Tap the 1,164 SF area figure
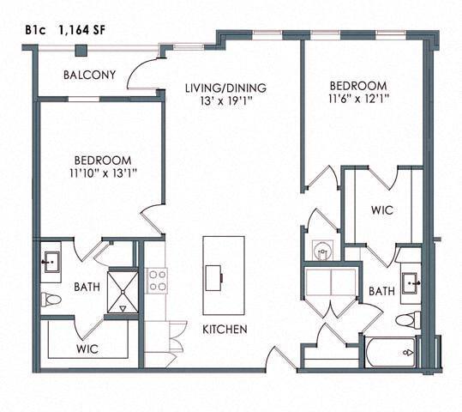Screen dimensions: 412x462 click(84, 27)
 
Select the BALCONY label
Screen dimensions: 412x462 click(88, 76)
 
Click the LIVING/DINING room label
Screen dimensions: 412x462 click(227, 88)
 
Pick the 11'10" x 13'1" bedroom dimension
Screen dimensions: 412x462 click(102, 173)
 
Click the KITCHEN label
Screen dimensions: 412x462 click(225, 330)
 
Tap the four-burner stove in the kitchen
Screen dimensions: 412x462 click(158, 280)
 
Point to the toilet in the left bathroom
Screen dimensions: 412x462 click(49, 300)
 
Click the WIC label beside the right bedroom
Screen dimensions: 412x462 click(382, 210)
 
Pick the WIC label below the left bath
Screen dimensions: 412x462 click(87, 349)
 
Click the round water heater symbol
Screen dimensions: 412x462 click(323, 251)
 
